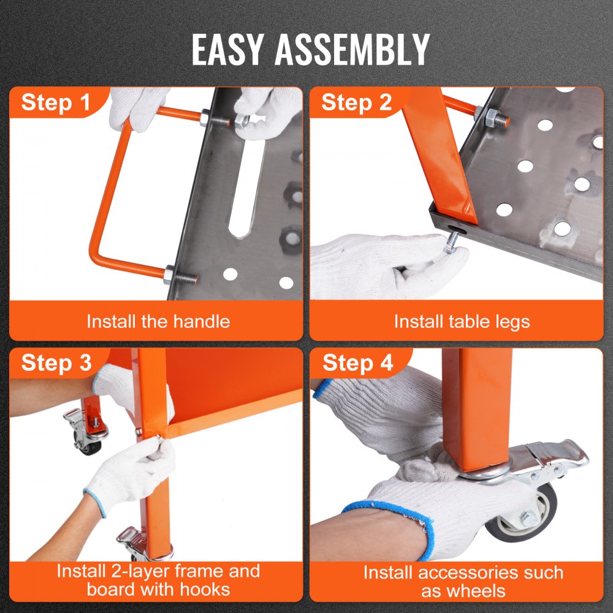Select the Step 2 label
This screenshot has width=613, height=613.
(356, 102)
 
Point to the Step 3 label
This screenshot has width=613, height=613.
(56, 363)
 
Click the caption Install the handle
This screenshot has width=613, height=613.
(158, 321)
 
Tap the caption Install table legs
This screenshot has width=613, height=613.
(462, 321)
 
